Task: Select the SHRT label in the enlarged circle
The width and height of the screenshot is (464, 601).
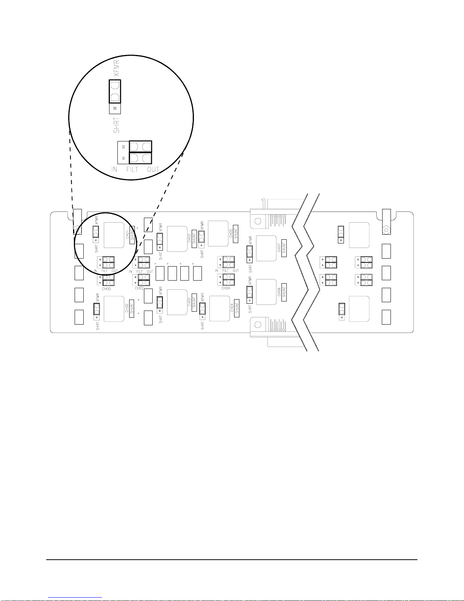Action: click(x=116, y=125)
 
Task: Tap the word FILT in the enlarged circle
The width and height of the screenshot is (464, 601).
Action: click(x=132, y=169)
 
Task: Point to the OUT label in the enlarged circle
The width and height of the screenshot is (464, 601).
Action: click(x=153, y=169)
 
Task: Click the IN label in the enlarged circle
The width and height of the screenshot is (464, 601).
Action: click(x=114, y=169)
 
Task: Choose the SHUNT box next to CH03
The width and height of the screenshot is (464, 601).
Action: click(x=194, y=239)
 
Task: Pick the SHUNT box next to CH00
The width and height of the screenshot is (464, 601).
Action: click(x=131, y=309)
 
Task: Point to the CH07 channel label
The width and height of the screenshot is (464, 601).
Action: click(x=279, y=248)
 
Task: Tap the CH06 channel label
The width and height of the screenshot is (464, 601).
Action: click(x=279, y=292)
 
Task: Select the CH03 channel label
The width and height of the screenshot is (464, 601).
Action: click(x=189, y=239)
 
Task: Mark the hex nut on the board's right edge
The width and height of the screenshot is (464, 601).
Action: click(x=386, y=230)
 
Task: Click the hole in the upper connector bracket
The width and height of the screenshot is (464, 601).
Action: click(x=258, y=221)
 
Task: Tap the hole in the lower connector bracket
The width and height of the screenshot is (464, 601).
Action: click(x=258, y=324)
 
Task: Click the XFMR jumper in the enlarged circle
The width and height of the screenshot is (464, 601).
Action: click(x=115, y=91)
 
